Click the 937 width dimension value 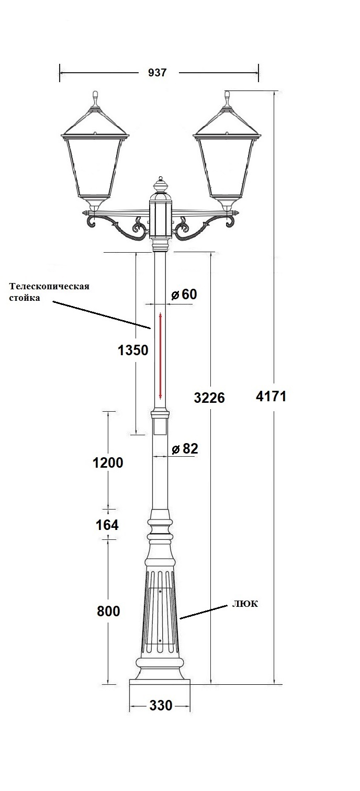tap(157, 73)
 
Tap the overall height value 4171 tap(271, 396)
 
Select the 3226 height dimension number tap(209, 398)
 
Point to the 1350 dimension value tap(133, 351)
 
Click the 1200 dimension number tap(108, 462)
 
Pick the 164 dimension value tap(107, 525)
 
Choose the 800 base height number tap(108, 611)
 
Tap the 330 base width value tap(161, 706)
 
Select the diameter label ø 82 tap(185, 448)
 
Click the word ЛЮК tap(245, 604)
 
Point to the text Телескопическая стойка tap(49, 292)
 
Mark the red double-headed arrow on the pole tap(161, 356)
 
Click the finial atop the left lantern tap(95, 97)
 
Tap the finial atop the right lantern tap(227, 97)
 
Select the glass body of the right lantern tap(227, 167)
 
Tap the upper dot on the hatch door tap(160, 592)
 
